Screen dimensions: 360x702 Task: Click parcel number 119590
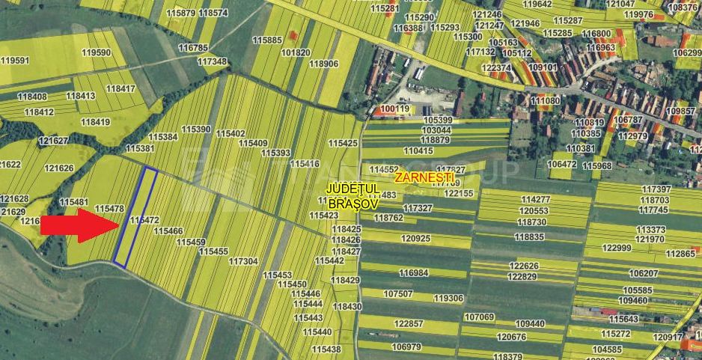point(96,52)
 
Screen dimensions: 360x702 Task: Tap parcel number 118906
point(323,64)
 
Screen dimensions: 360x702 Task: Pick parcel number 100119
point(395,109)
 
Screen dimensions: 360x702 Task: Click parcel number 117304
point(243,261)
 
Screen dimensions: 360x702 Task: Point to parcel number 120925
point(415,238)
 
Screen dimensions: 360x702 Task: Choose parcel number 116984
point(414,273)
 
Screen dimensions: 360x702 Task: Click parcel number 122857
point(408,323)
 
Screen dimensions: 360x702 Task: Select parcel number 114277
point(535,200)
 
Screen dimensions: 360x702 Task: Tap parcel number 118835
point(529,237)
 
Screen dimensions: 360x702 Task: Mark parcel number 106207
point(644,274)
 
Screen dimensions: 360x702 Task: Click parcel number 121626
point(59,168)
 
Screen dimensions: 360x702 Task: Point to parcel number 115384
point(162,137)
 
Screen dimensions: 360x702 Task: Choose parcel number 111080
point(545,100)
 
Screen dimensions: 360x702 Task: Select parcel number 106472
point(562,164)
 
